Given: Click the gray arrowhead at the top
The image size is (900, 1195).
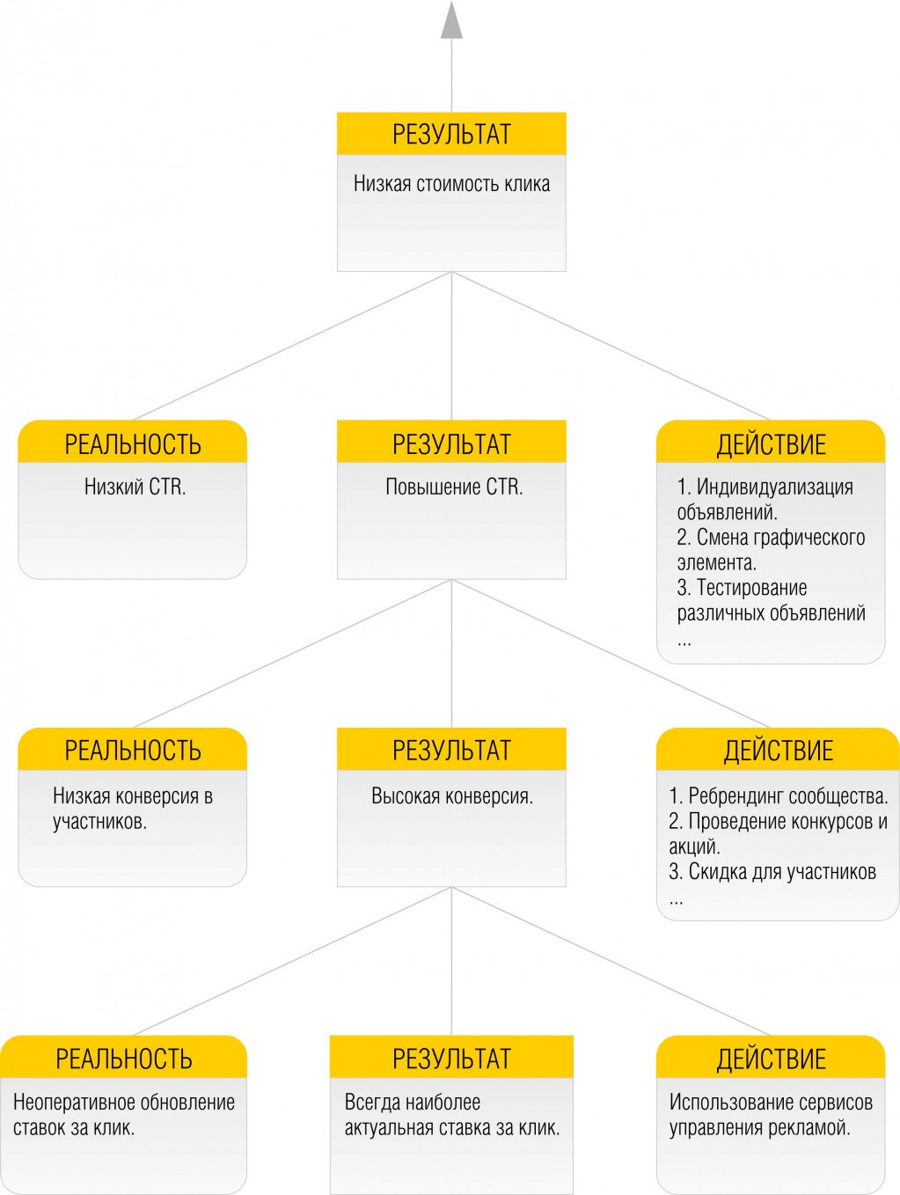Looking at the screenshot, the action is [x=451, y=21].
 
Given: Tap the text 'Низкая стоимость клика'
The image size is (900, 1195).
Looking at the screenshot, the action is [x=451, y=184].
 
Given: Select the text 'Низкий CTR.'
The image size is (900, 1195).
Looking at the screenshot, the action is [x=135, y=487].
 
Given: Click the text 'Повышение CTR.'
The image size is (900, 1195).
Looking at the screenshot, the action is [x=454, y=487].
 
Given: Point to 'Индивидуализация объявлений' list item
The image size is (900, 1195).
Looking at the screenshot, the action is [x=765, y=499].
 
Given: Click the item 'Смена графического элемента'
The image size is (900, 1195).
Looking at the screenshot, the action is [x=771, y=550].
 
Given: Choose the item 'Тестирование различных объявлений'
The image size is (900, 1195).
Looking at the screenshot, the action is [x=771, y=600].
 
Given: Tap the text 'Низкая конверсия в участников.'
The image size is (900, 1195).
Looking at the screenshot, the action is [x=133, y=809].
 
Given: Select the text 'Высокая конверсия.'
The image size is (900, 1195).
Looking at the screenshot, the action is [x=452, y=796].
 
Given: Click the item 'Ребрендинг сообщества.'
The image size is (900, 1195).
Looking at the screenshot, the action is [x=779, y=796].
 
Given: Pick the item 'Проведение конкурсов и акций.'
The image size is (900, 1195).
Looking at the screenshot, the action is [x=779, y=833].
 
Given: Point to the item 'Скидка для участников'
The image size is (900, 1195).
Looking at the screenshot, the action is [x=772, y=872].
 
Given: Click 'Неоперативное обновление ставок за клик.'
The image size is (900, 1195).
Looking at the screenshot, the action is [x=124, y=1114].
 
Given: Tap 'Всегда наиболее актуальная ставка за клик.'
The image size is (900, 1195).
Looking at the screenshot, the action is [x=452, y=1114].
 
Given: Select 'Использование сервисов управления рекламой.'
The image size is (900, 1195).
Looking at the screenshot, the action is [x=771, y=1114].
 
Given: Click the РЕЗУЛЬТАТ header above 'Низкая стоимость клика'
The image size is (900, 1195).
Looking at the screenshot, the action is [x=451, y=134].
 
